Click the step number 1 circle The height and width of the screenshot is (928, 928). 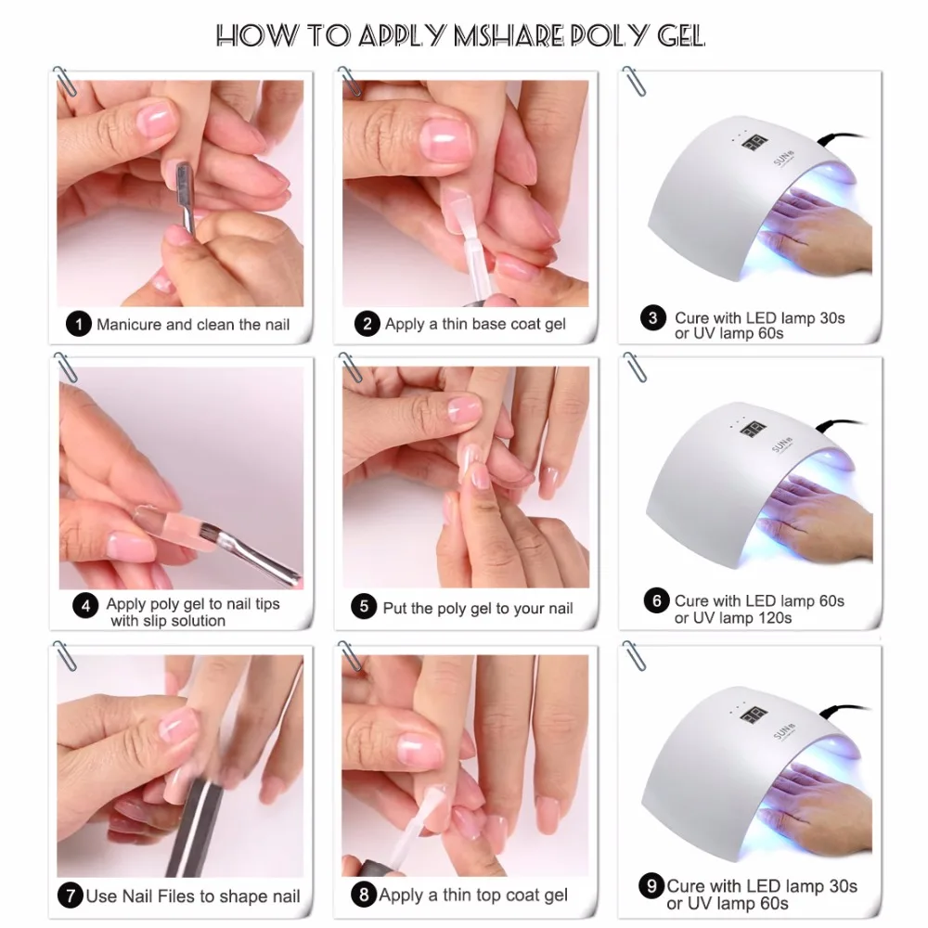(79, 325)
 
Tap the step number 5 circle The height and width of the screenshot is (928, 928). (364, 608)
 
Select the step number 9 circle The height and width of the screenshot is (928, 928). (652, 885)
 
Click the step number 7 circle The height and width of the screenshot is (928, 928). (70, 896)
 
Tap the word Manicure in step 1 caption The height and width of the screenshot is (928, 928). (130, 325)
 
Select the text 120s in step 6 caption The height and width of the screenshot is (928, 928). (772, 617)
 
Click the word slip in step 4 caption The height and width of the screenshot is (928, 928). (125, 621)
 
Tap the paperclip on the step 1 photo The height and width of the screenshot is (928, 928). (65, 82)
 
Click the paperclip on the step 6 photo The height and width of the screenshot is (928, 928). (635, 366)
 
